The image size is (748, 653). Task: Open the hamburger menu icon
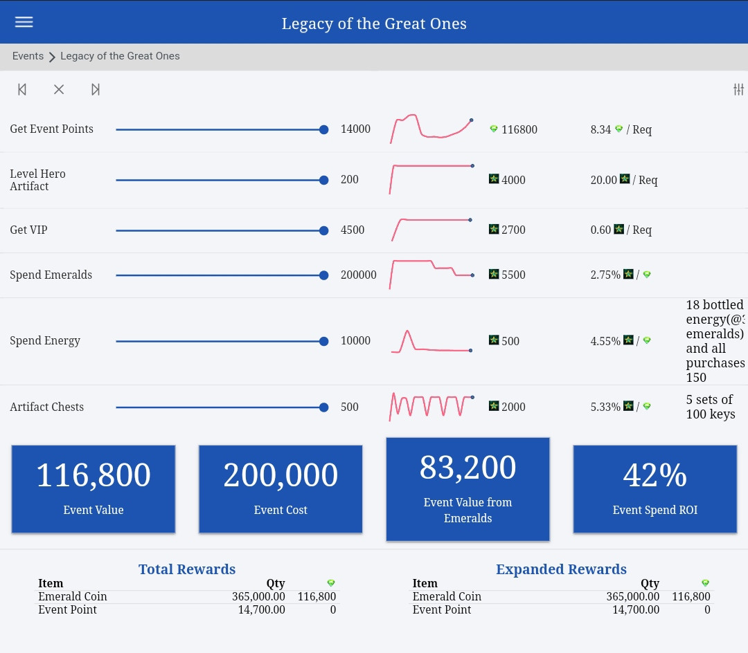pos(24,22)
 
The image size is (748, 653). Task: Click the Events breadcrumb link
pos(28,56)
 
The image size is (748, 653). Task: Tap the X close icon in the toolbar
pos(59,89)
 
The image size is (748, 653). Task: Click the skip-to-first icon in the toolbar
pos(22,89)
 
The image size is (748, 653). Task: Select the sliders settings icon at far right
pos(738,89)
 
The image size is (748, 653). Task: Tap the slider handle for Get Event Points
pos(323,129)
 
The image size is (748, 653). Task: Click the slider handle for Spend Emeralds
pos(323,275)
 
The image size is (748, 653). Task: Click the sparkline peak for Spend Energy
pos(407,333)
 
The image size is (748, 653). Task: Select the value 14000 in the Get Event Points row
pos(355,129)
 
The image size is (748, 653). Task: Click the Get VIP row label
pos(28,230)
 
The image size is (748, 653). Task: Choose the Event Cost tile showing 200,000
pos(280,489)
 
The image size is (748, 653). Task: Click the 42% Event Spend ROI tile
pos(654,489)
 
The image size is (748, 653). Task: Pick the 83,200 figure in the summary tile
pos(467,468)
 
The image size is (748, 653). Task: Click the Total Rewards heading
pos(187,569)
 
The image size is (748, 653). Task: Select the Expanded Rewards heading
pos(561,569)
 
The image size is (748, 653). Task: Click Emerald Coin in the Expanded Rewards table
pos(447,596)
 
